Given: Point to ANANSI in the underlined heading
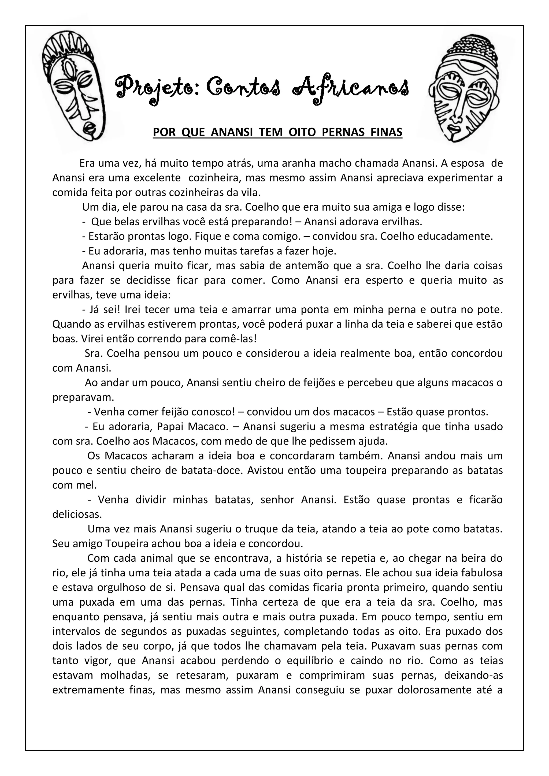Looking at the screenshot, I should click(x=232, y=132).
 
